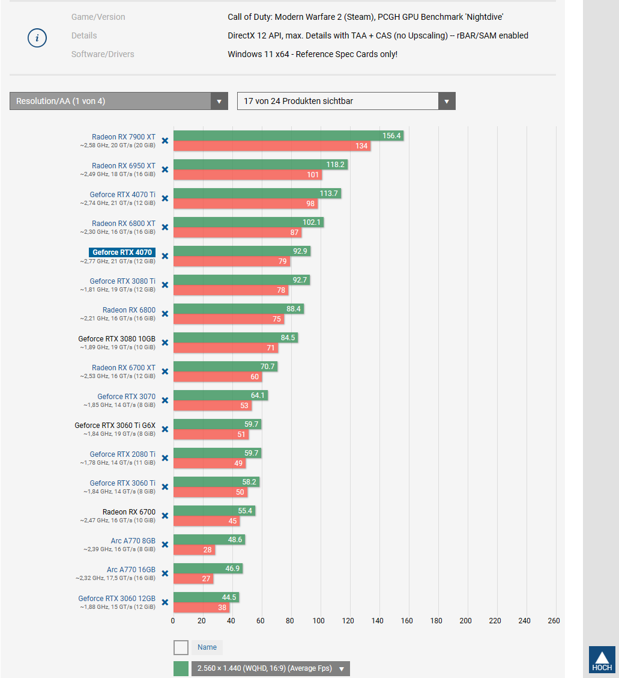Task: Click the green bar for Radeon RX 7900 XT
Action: pos(276,136)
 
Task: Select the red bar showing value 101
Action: pos(247,175)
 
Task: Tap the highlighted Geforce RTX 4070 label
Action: pos(122,252)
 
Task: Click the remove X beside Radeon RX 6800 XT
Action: pos(165,227)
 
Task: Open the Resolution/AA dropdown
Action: pos(118,101)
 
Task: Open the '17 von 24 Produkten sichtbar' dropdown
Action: pos(346,101)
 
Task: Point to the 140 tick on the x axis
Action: pos(378,621)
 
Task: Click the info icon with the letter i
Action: pos(37,38)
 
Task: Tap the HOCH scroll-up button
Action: pos(602,659)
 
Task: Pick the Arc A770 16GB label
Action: pos(131,570)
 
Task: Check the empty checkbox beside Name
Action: pos(181,647)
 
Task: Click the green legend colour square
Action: pos(181,668)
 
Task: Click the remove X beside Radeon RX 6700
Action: pos(165,516)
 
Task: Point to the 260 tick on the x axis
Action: pos(554,621)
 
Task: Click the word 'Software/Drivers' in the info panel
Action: pos(103,54)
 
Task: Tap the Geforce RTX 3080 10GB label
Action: pos(116,339)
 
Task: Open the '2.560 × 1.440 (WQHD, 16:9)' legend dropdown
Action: pos(270,668)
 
